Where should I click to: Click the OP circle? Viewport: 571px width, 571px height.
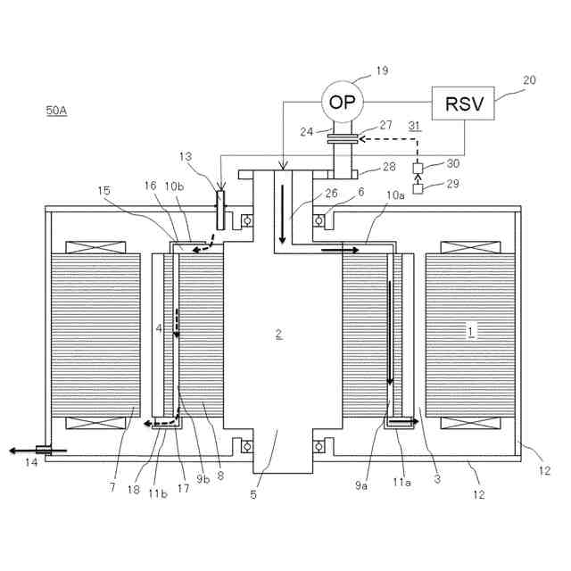click(341, 103)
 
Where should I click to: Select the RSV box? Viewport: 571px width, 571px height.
click(463, 105)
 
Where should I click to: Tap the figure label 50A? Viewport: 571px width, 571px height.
click(56, 112)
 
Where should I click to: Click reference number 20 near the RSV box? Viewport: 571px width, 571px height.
click(530, 79)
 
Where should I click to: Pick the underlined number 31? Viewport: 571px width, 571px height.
click(414, 126)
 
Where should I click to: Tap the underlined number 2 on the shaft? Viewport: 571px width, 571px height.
click(278, 335)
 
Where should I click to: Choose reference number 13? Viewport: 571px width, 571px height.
click(186, 157)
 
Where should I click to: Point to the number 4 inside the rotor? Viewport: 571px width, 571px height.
click(159, 329)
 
